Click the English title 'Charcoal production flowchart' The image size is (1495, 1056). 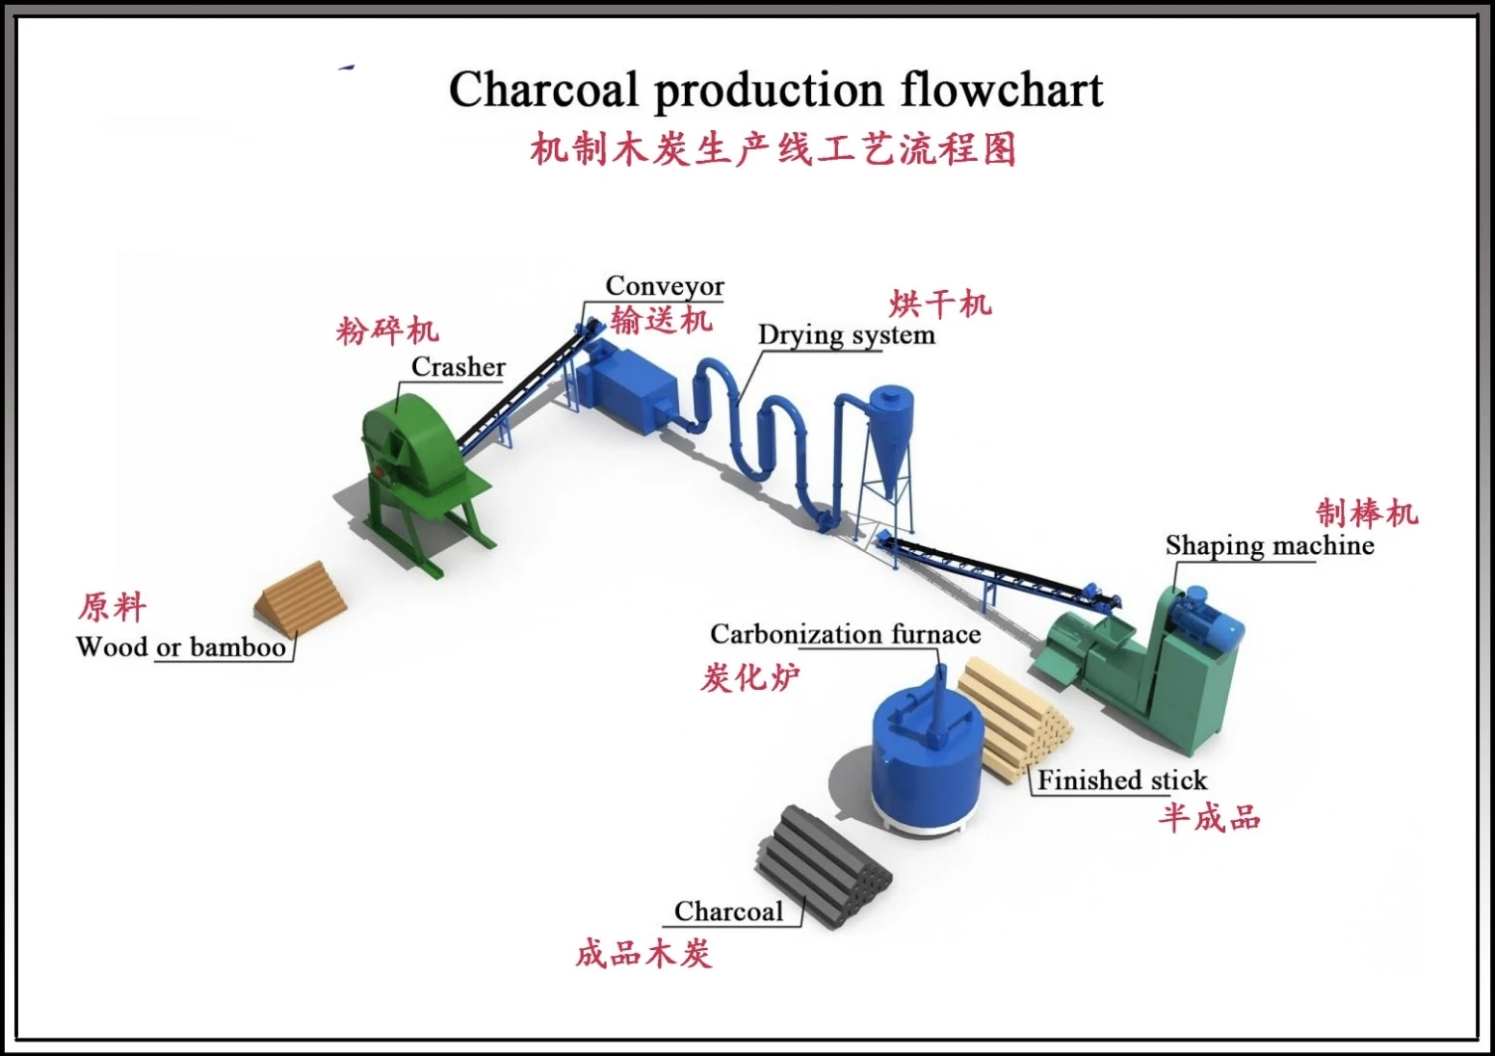[775, 90]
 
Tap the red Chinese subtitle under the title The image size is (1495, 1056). [774, 149]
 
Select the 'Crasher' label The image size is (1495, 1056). [458, 367]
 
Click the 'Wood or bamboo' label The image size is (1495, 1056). [181, 647]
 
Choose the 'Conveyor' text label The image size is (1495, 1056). [665, 286]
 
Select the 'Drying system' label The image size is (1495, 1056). [846, 335]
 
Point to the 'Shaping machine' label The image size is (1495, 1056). [1270, 545]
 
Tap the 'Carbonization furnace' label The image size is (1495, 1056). [845, 634]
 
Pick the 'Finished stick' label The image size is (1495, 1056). [1121, 780]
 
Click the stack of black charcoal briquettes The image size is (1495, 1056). [824, 862]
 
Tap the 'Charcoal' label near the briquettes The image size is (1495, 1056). [728, 911]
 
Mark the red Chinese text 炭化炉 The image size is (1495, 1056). [749, 678]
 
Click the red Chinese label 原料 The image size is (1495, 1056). [113, 607]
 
